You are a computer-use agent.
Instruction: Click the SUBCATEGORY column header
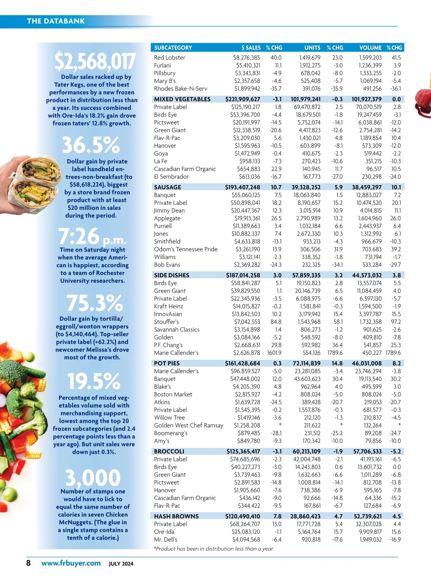pos(173,47)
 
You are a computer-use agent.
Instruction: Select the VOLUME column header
pos(370,47)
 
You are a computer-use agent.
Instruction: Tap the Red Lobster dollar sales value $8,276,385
pos(246,57)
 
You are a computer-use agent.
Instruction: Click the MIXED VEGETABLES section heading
pos(182,99)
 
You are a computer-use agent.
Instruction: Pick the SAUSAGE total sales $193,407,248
pos(242,187)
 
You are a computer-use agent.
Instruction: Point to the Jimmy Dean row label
pos(169,211)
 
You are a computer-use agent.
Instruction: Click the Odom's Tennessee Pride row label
pos(186,249)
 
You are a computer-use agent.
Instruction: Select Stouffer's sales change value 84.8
pos(276,322)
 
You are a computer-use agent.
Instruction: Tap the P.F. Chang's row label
pos(168,345)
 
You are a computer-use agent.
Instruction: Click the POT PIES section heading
pos(167,363)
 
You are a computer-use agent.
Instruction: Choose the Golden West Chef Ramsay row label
pos(189,425)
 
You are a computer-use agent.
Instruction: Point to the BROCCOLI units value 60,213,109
pos(306,451)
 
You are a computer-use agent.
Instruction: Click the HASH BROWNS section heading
pos(176,516)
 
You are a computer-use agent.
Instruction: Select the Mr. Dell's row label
pos(166,540)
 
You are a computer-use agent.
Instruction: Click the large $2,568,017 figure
pos(95,61)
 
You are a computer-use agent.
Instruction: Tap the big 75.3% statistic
pos(94,303)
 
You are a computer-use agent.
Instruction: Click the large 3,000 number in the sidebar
pos(93,477)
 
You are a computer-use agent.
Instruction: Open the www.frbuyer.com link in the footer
pos(71,563)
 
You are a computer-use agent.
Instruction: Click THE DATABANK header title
pos(56,21)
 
